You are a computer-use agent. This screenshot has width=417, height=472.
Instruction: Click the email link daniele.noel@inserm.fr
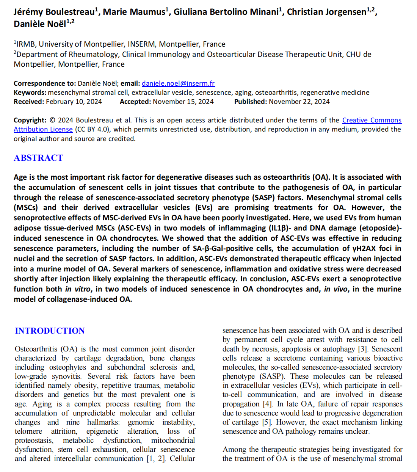pos(178,83)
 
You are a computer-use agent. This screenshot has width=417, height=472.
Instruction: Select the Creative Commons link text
pos(372,120)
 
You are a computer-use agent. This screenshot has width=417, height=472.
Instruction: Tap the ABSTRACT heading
pos(38,158)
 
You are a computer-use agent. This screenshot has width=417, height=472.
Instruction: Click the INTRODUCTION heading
pos(50,331)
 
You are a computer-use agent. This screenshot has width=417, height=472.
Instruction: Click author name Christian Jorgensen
pos(326,12)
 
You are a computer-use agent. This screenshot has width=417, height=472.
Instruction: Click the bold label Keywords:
pos(30,93)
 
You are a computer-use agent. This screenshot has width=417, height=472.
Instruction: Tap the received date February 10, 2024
pos(74,102)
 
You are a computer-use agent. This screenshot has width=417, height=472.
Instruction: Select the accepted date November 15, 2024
pos(183,102)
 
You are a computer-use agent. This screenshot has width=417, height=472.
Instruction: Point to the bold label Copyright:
pos(30,120)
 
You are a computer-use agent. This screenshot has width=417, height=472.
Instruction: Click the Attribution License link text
pos(43,129)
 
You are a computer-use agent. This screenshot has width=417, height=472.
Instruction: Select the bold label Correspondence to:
pos(45,83)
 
